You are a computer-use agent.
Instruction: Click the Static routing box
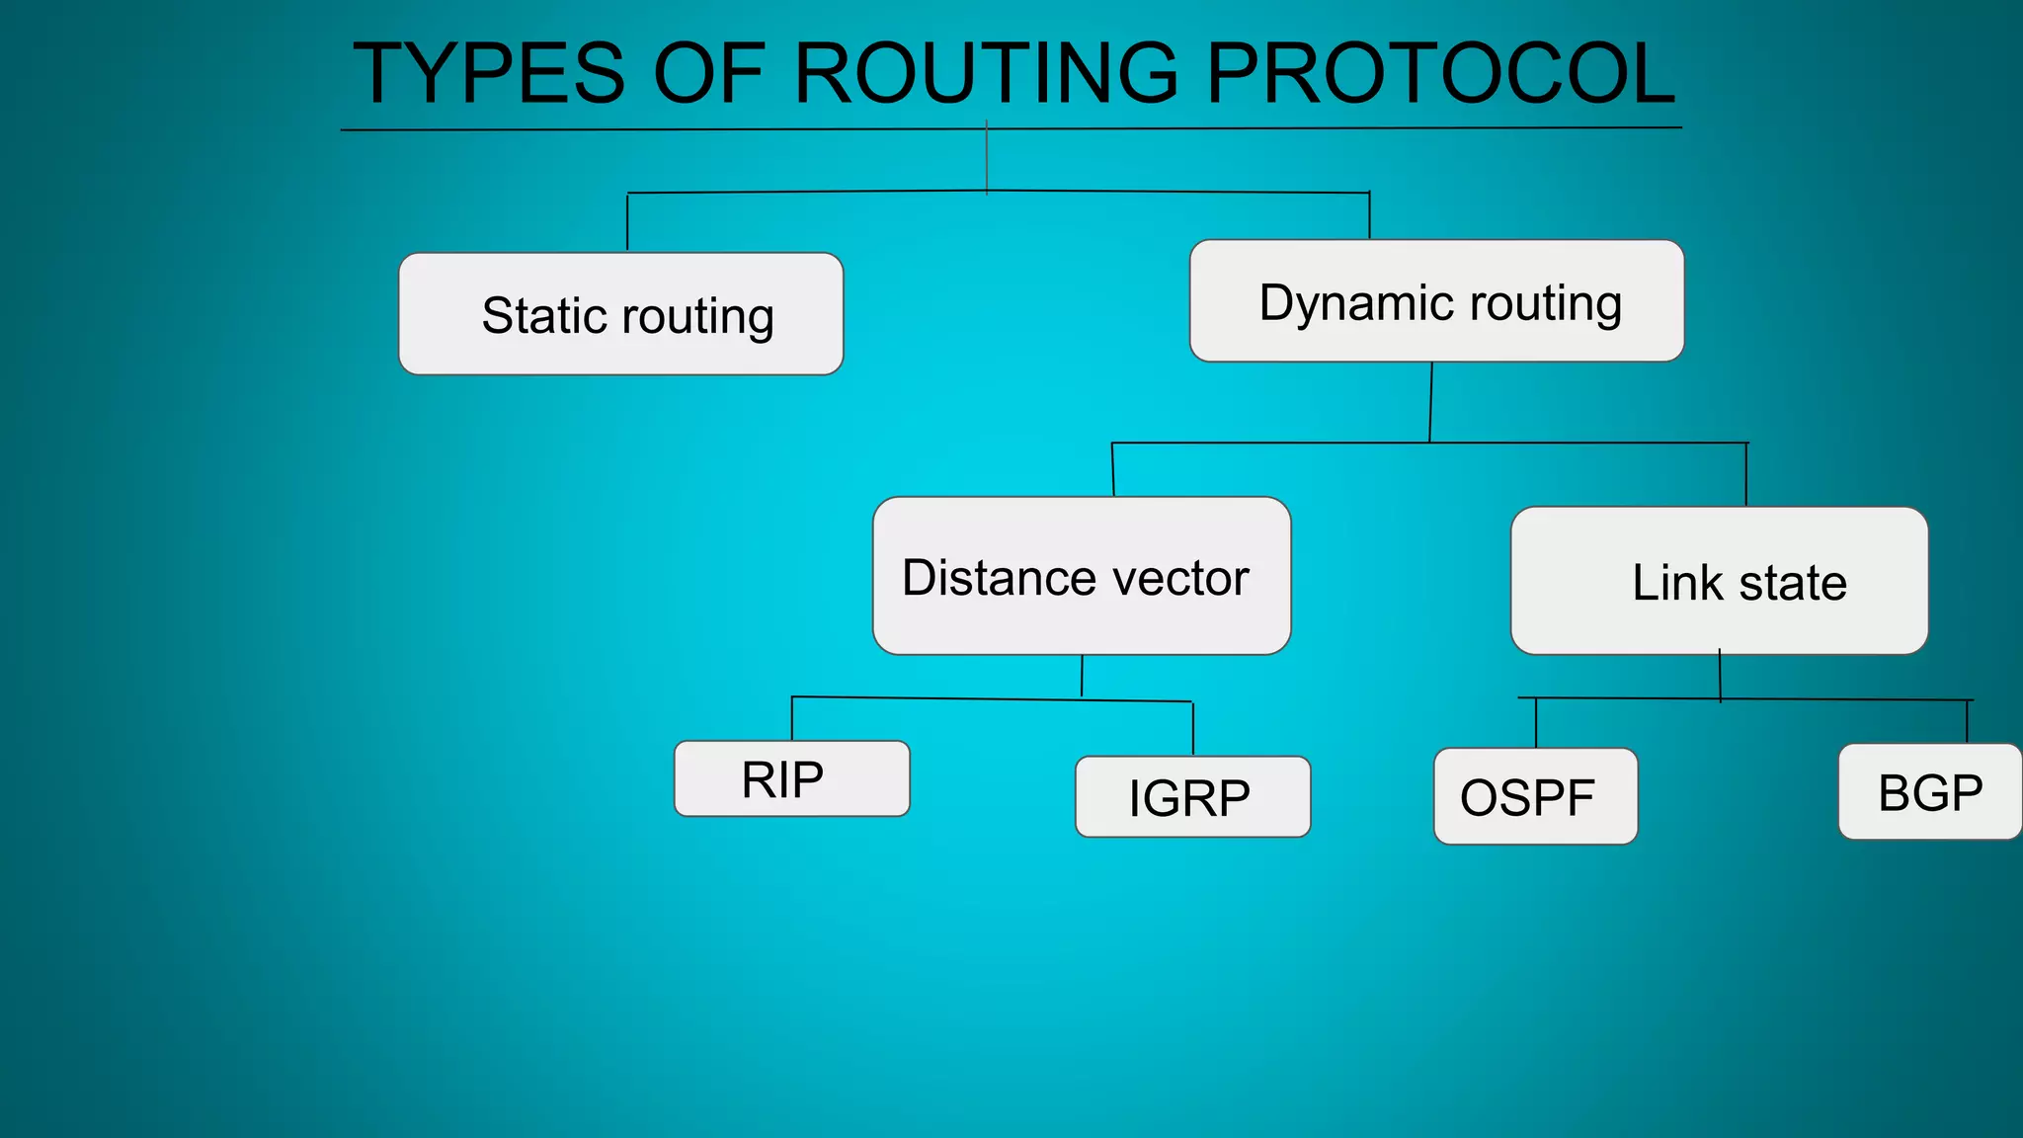coord(620,314)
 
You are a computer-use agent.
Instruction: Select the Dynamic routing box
coord(1436,301)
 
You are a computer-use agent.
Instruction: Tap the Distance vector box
coord(1082,576)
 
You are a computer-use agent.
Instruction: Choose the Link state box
coord(1719,581)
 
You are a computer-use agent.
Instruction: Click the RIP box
coord(791,778)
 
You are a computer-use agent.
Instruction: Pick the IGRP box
coord(1192,797)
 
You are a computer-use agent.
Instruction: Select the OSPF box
coord(1535,796)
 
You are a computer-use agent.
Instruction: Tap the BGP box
coord(1929,792)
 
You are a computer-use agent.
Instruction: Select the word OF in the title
coord(709,73)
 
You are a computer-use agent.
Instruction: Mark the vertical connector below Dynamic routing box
coord(1431,402)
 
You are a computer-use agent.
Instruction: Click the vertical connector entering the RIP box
coord(792,719)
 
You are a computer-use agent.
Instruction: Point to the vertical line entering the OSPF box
coord(1536,723)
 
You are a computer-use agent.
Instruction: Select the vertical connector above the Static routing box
coord(627,222)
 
